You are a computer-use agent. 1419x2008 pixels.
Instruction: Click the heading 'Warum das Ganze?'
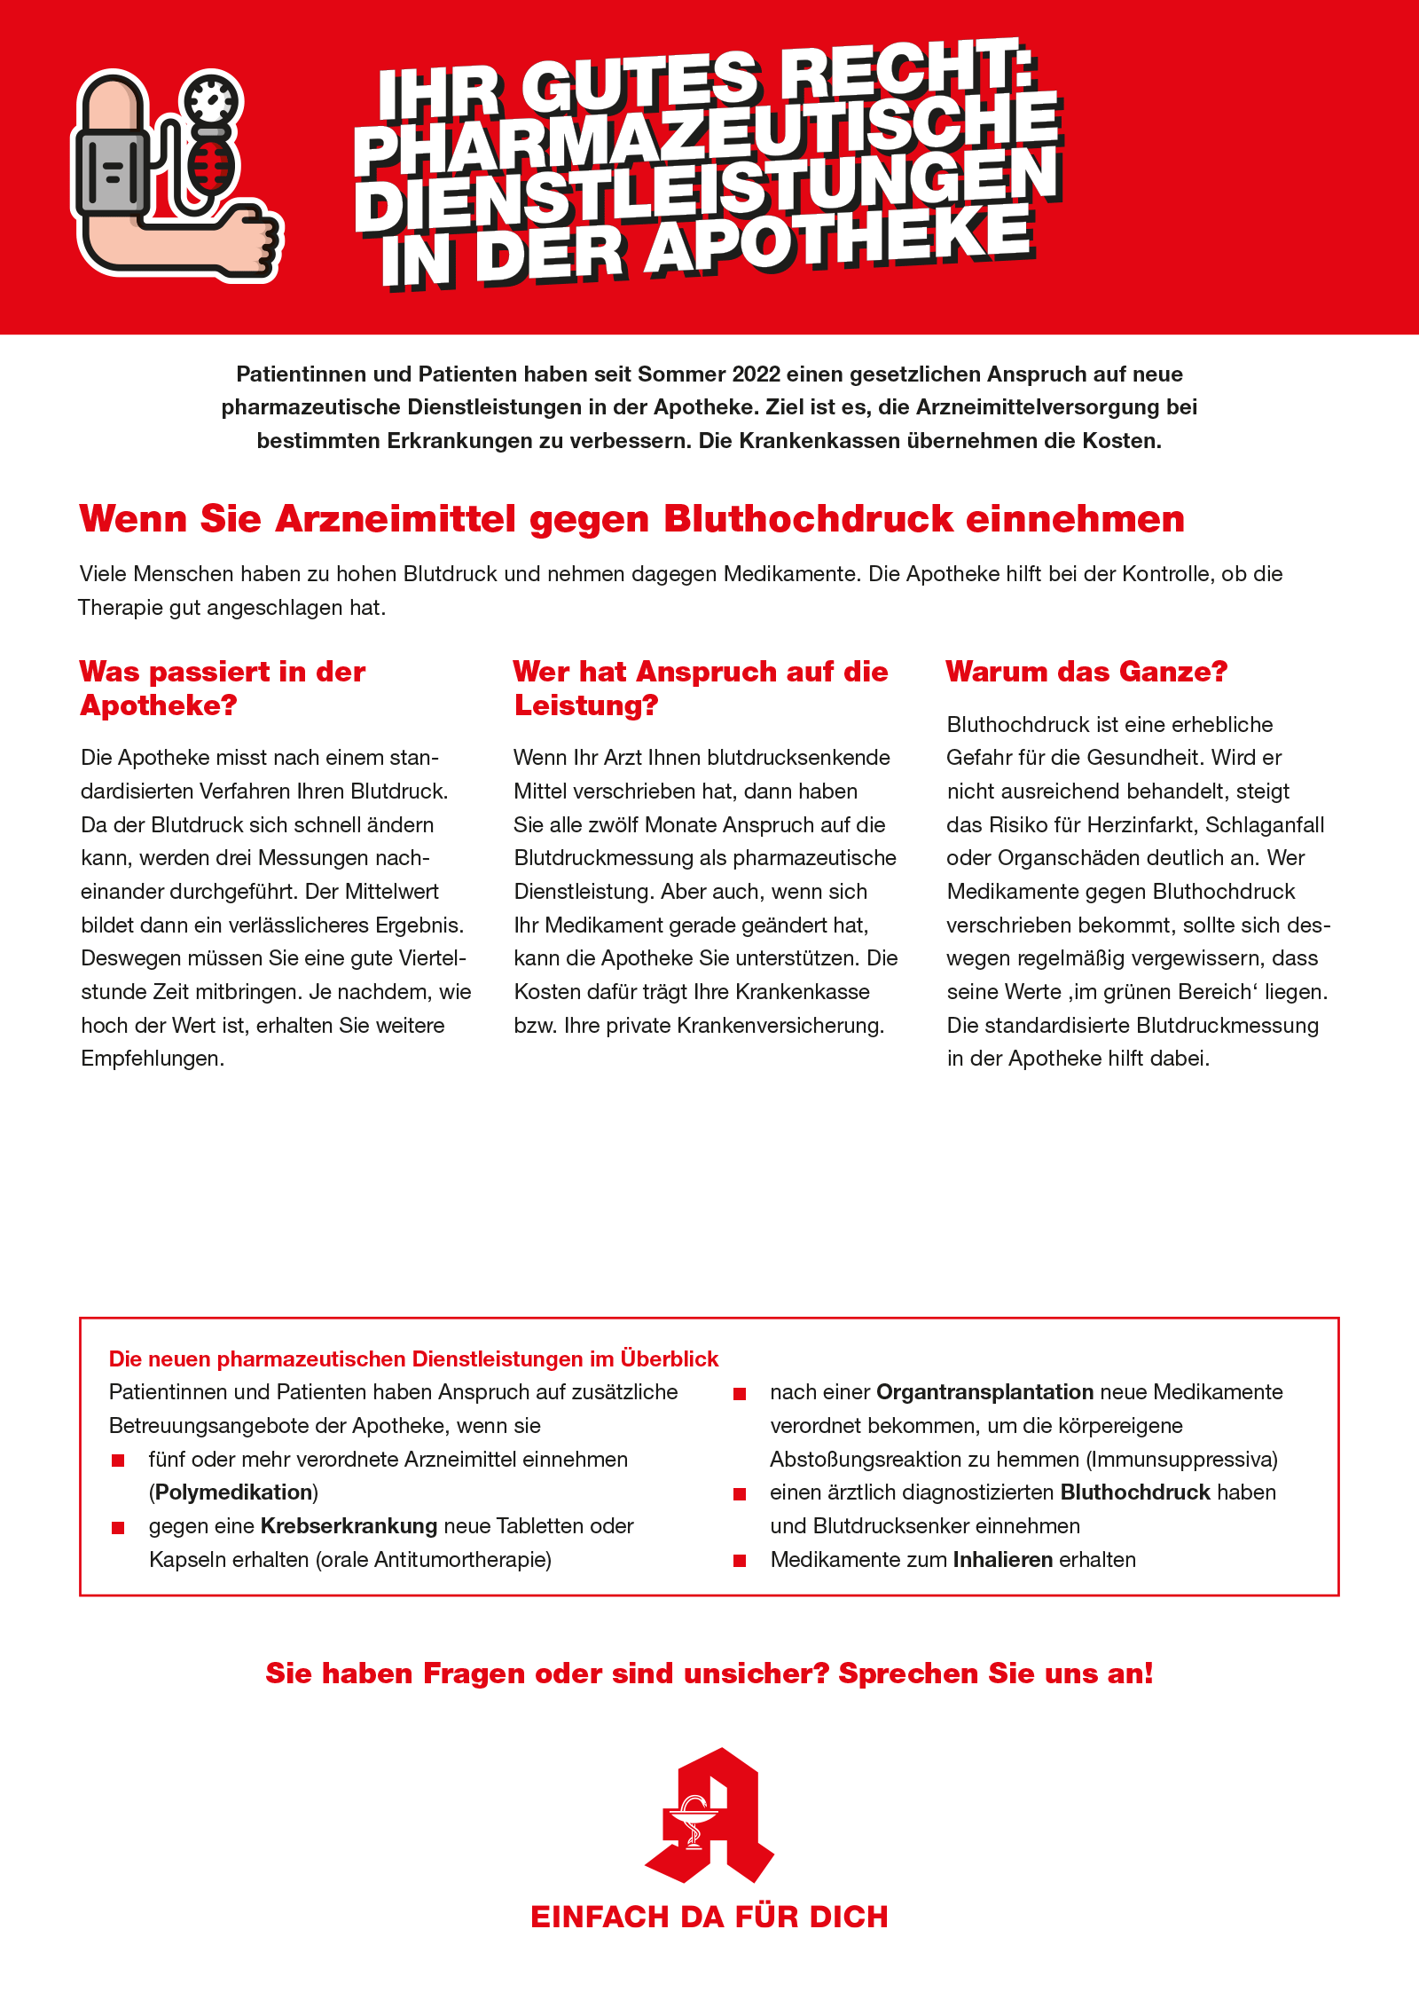coord(1086,672)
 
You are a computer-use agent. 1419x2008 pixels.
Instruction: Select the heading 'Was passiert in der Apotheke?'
coord(222,688)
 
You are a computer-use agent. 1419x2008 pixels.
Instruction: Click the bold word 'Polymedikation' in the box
coord(233,1492)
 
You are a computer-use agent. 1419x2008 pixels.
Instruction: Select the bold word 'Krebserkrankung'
coord(349,1526)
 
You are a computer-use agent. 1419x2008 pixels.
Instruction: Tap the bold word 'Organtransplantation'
coord(984,1392)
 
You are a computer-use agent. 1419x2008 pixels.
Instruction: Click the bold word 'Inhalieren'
coord(1002,1560)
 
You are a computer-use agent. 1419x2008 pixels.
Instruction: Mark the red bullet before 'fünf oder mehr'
coord(118,1461)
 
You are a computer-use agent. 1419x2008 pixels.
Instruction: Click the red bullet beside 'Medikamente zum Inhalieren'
coord(740,1561)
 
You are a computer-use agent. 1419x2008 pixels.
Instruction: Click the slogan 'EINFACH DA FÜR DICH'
coord(709,1917)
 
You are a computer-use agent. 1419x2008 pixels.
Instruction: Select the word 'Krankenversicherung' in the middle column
coord(780,1026)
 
